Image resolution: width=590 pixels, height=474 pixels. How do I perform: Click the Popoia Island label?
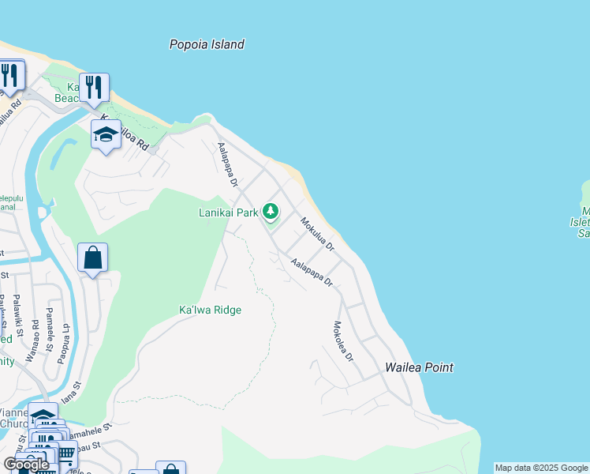[207, 45]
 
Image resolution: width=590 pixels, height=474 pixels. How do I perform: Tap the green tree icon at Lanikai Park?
[271, 211]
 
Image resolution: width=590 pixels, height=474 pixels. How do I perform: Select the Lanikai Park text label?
[228, 213]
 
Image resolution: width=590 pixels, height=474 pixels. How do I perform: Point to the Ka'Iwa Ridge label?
[210, 310]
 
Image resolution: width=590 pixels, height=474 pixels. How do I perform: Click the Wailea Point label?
[419, 367]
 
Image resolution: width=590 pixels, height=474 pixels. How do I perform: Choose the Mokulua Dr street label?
[317, 235]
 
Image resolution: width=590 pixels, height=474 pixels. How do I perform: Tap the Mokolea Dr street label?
[344, 341]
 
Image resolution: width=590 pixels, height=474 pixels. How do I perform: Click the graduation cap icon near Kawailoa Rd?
[106, 135]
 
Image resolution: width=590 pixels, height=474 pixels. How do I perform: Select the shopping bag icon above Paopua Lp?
[92, 258]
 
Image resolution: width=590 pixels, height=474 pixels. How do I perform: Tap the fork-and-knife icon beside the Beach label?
[94, 87]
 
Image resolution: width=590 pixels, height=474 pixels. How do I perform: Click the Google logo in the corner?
[26, 465]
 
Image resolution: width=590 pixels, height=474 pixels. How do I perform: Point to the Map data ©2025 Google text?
[541, 468]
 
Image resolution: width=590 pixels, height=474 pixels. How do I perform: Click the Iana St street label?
[71, 394]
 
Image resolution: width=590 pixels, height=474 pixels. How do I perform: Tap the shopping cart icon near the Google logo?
[66, 453]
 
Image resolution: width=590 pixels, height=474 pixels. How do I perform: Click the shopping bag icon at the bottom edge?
[170, 469]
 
